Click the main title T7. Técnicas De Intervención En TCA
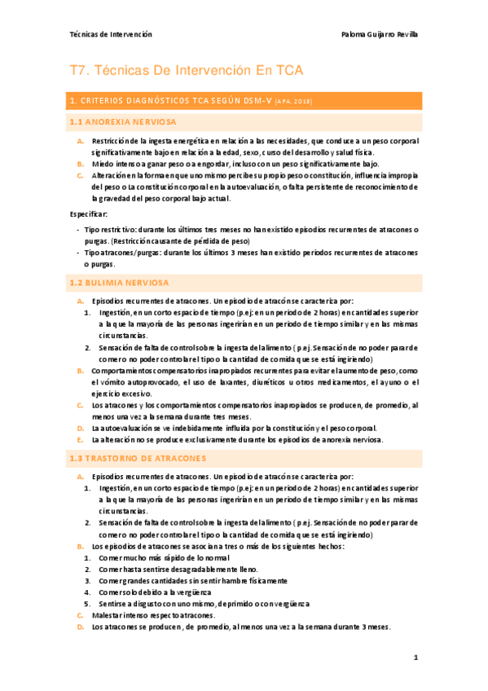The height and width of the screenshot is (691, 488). [x=187, y=71]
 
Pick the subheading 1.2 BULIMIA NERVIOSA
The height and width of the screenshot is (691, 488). [x=119, y=283]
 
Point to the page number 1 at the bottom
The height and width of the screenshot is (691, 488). [x=415, y=657]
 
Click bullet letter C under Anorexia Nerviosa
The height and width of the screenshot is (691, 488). [x=81, y=175]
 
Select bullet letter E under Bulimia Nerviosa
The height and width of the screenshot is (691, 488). [x=81, y=440]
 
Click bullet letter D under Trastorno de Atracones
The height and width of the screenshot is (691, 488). [x=81, y=627]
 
